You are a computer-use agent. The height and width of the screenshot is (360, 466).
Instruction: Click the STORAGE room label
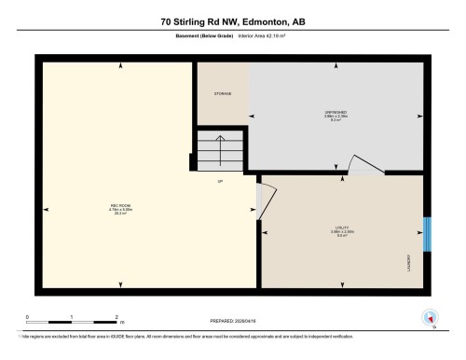[222, 93]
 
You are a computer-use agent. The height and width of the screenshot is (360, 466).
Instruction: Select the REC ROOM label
[119, 205]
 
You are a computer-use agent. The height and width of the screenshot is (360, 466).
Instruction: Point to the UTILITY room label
[342, 228]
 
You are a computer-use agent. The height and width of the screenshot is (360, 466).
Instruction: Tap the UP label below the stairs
[220, 180]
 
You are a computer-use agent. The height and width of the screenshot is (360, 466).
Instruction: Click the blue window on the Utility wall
[428, 234]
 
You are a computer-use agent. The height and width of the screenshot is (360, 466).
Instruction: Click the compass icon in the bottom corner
[431, 317]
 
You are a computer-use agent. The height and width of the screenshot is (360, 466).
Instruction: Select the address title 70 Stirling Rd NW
[232, 21]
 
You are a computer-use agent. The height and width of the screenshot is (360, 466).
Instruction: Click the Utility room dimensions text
[342, 232]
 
